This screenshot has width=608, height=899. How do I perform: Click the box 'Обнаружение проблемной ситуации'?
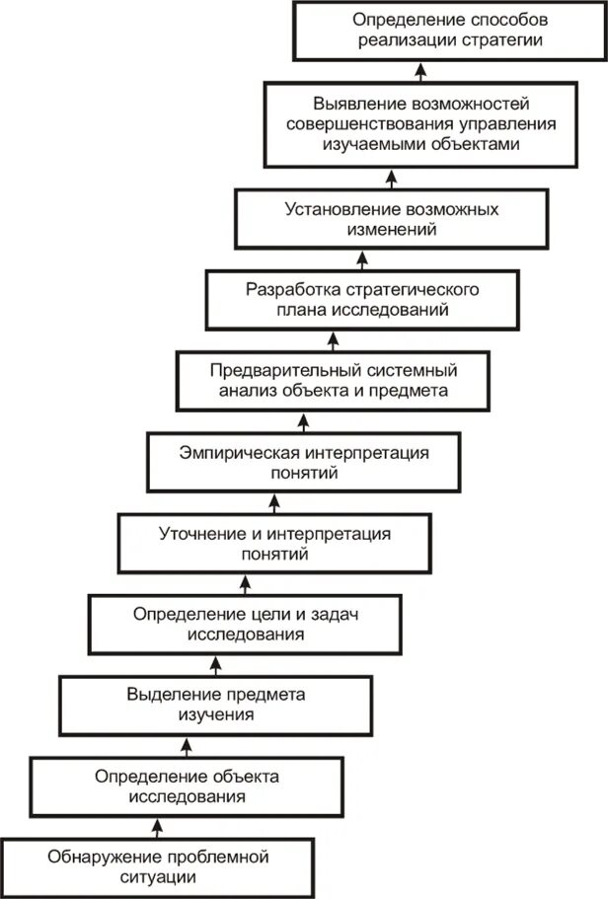click(x=158, y=865)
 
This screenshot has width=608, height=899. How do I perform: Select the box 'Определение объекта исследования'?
click(x=187, y=786)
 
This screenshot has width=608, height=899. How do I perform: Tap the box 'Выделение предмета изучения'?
click(x=215, y=704)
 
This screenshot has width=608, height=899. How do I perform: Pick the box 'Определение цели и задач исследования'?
click(x=245, y=624)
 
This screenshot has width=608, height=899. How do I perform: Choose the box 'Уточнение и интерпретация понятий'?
click(x=275, y=543)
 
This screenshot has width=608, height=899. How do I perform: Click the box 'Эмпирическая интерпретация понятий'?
click(x=304, y=462)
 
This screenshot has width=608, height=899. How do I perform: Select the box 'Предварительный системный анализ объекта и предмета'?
click(x=334, y=381)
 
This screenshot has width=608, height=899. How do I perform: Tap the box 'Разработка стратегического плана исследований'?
click(x=362, y=300)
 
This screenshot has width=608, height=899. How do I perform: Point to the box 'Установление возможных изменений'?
click(x=391, y=219)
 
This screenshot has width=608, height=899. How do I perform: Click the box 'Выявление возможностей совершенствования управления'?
click(x=421, y=122)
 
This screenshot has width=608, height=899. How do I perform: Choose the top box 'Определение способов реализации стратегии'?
click(x=451, y=32)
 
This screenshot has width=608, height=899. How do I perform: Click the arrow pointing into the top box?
click(x=420, y=72)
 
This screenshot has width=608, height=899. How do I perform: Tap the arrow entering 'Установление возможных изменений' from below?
click(x=362, y=259)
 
